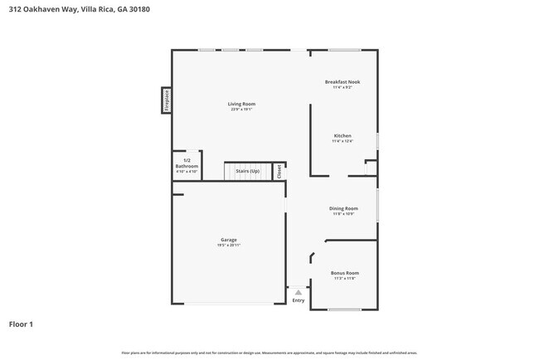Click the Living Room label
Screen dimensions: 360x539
tap(241, 104)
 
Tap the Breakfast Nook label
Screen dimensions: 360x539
tap(342, 81)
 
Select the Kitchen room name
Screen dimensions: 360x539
tap(342, 135)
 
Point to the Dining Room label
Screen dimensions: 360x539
tap(343, 208)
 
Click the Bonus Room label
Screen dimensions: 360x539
tap(344, 273)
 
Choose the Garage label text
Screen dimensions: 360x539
tap(228, 240)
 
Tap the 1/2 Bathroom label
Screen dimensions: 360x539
tap(187, 163)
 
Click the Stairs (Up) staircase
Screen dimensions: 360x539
tap(248, 171)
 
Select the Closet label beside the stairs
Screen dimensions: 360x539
tap(279, 171)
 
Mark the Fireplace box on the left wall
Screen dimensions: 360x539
tap(167, 100)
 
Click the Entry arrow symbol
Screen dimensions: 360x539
tap(299, 292)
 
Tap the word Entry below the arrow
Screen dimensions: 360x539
tap(299, 300)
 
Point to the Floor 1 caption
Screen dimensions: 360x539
tap(21, 324)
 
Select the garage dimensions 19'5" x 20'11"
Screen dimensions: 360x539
tap(228, 246)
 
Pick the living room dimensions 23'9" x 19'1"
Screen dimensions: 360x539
tap(241, 109)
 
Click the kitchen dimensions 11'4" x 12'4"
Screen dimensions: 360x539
tap(342, 141)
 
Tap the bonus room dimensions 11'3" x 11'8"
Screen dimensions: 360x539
tap(344, 279)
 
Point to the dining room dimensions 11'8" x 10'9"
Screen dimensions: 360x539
tap(343, 214)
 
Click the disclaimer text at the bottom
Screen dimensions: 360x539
tap(269, 352)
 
